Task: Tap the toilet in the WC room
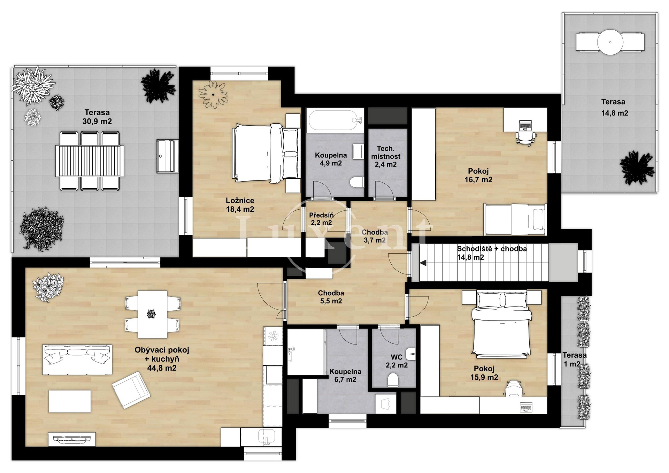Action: click(393, 380)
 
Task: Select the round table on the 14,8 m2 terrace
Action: click(610, 42)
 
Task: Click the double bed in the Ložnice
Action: click(266, 153)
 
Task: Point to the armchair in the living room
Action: click(131, 390)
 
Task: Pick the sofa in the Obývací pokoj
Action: click(77, 359)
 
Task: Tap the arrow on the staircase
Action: click(423, 263)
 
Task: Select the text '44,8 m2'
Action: click(162, 368)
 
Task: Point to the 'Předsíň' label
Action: click(321, 215)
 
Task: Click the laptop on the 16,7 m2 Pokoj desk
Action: click(525, 125)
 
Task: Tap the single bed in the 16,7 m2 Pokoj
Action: click(515, 219)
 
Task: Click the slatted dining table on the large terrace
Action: click(90, 161)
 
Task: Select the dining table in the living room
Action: click(152, 315)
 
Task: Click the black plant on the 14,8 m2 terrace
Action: click(637, 168)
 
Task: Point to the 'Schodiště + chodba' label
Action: click(492, 249)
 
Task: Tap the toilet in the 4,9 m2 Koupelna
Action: click(356, 182)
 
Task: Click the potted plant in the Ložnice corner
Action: click(213, 94)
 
